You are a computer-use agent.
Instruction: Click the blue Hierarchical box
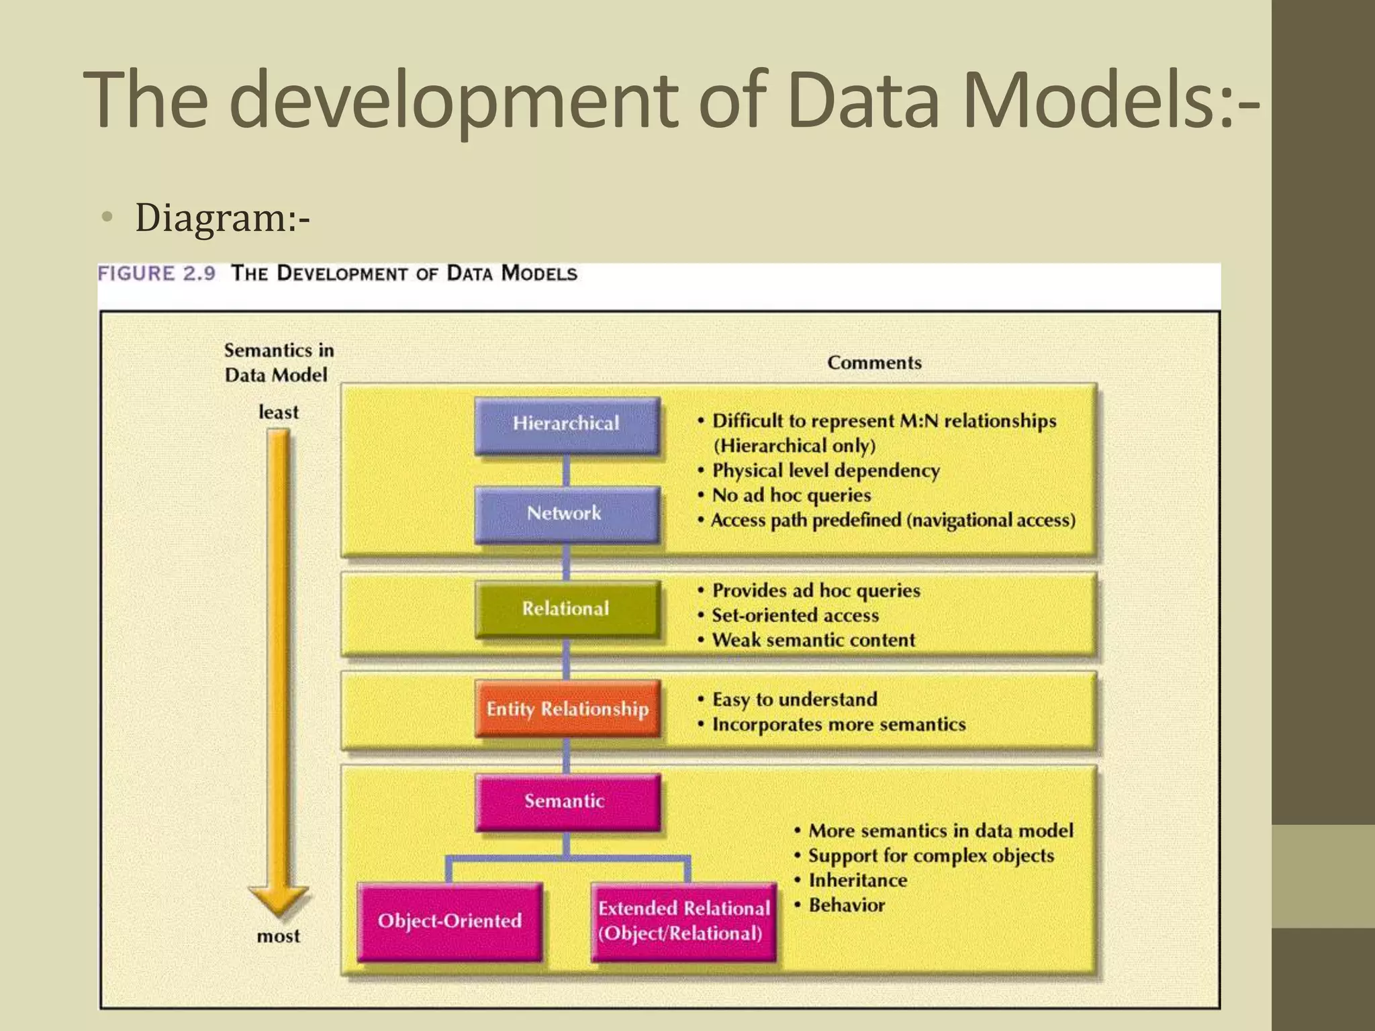point(567,425)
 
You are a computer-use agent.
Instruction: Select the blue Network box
point(567,514)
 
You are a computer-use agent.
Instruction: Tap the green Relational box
point(567,609)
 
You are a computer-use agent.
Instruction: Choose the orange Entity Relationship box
point(567,709)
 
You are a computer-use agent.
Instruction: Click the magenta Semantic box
point(567,801)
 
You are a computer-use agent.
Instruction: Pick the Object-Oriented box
point(449,921)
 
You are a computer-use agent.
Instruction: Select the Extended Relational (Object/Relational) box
point(683,921)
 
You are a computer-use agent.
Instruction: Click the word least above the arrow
point(278,412)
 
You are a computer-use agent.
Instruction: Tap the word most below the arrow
point(278,936)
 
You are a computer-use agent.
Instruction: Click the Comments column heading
point(874,362)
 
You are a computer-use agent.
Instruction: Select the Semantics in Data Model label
point(278,362)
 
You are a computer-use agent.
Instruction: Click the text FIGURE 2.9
point(156,274)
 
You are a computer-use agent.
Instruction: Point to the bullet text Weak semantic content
point(813,640)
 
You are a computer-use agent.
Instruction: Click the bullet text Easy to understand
point(794,699)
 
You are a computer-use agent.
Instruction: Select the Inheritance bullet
point(857,881)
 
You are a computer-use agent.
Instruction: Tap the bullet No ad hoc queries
point(791,495)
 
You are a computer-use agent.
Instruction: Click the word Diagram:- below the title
point(222,218)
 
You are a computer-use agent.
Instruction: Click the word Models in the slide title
point(1088,101)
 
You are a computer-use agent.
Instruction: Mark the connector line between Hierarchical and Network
point(566,471)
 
